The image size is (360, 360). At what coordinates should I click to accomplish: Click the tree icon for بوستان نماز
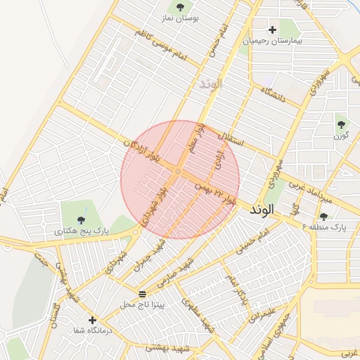coord(181,8)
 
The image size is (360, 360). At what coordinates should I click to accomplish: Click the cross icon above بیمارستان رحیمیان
coord(272,30)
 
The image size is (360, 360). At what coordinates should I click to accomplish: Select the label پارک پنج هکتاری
coord(82,230)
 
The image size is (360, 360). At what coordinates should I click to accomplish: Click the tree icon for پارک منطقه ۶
coord(323,217)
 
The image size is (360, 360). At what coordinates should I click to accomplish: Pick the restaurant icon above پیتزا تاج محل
coord(143,293)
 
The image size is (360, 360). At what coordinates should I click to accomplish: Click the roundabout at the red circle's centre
coord(179,172)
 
